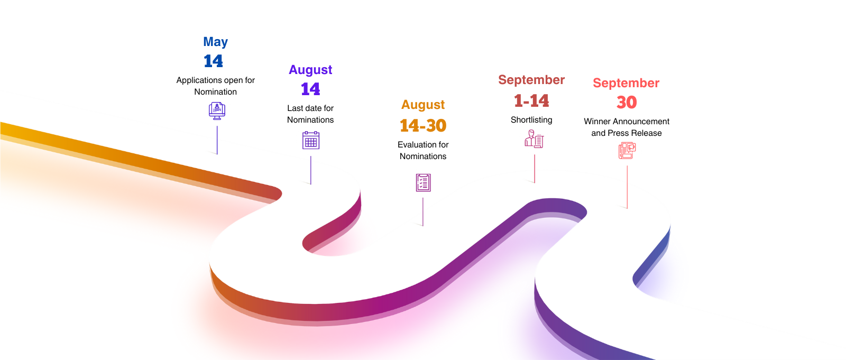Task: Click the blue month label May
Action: coord(215,42)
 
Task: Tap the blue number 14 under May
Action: coord(214,61)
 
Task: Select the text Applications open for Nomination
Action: coord(215,86)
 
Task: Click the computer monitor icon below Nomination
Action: coord(217,111)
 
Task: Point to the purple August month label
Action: coord(310,70)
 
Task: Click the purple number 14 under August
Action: coord(310,89)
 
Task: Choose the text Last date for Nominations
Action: coord(310,114)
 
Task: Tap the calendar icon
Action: coord(311,140)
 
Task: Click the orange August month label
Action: coord(423,105)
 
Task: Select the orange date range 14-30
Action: coord(423,125)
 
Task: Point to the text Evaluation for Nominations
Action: coord(423,150)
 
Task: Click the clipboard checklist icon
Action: coord(424,183)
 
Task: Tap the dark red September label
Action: coord(531,80)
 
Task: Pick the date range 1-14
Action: coord(531,101)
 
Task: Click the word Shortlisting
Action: coord(531,120)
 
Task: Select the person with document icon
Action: coord(534,139)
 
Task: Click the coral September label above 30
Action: coord(626,83)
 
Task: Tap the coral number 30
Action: coord(627,103)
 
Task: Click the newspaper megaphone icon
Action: coord(627,150)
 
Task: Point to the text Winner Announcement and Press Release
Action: coord(627,127)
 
